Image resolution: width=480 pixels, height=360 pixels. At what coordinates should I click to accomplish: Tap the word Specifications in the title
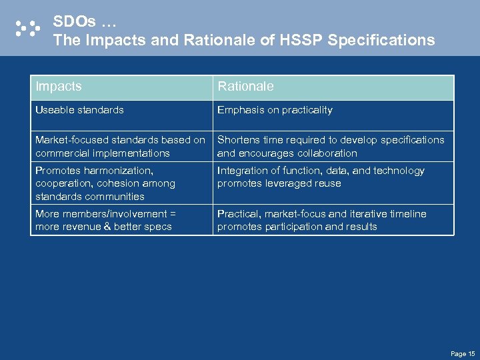(x=381, y=40)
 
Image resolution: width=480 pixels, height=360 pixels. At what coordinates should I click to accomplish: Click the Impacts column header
(x=59, y=87)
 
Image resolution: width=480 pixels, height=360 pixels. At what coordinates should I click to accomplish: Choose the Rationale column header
(x=245, y=87)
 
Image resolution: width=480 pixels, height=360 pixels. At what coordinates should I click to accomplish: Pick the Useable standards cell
(x=79, y=110)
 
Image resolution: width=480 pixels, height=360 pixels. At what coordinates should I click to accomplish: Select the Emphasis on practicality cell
(x=275, y=110)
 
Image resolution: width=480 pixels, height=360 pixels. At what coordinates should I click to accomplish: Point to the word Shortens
(x=237, y=140)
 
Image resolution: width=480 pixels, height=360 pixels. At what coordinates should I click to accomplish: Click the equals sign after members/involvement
(x=171, y=214)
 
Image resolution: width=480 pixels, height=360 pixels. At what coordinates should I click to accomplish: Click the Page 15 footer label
(x=463, y=353)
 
